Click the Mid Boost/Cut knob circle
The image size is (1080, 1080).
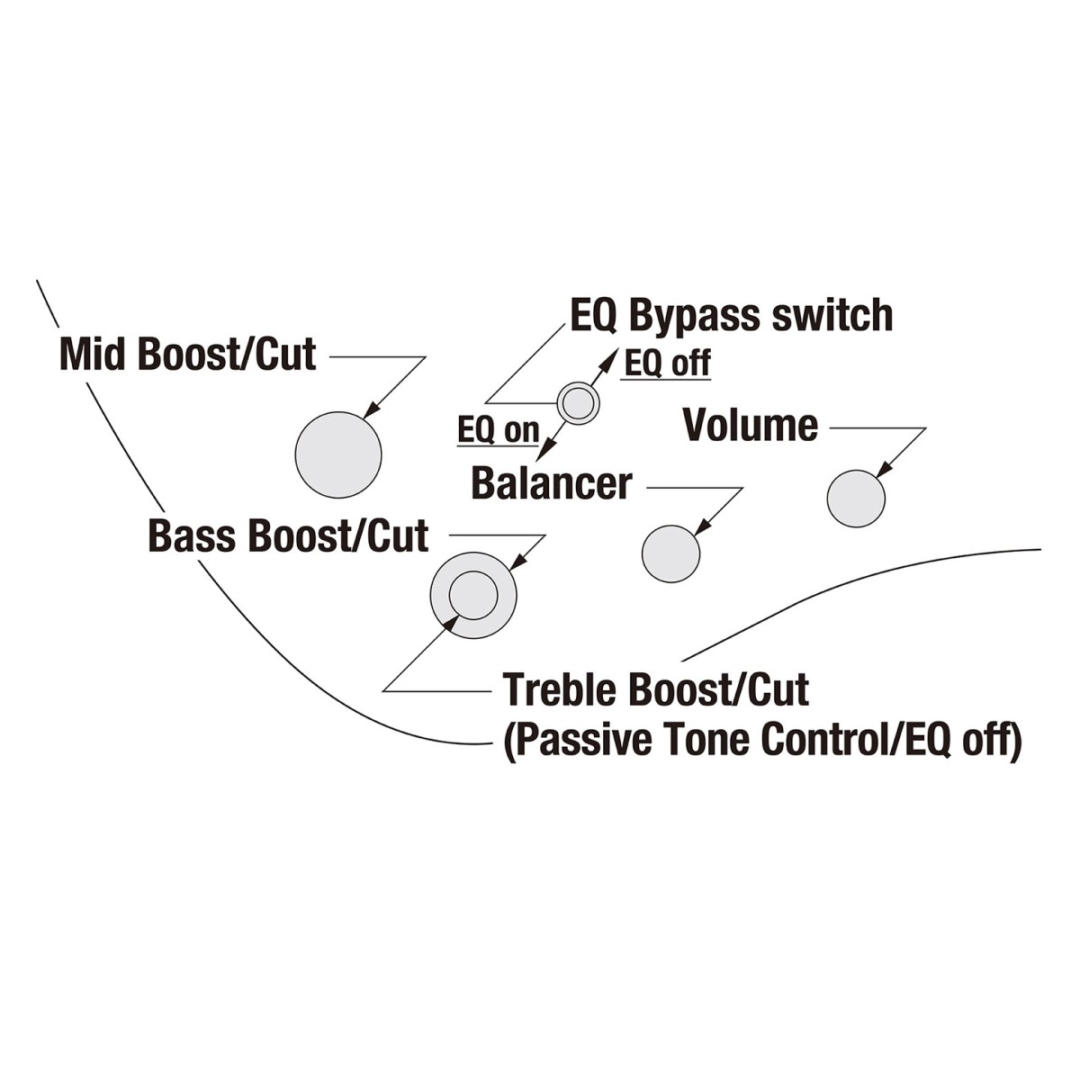point(338,454)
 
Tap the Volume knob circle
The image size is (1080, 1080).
point(856,499)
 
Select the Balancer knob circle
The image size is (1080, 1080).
point(670,553)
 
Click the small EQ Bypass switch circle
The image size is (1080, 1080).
point(578,402)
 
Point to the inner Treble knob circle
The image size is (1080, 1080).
point(473,595)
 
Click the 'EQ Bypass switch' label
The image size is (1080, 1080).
point(732,316)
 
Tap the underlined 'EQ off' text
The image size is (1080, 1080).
point(667,364)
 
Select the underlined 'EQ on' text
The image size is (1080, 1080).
point(499,430)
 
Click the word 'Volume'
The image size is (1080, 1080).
point(751,426)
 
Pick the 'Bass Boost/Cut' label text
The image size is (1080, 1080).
point(288,535)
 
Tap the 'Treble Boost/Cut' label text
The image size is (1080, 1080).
point(655,689)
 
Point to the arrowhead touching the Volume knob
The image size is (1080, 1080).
point(884,470)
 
